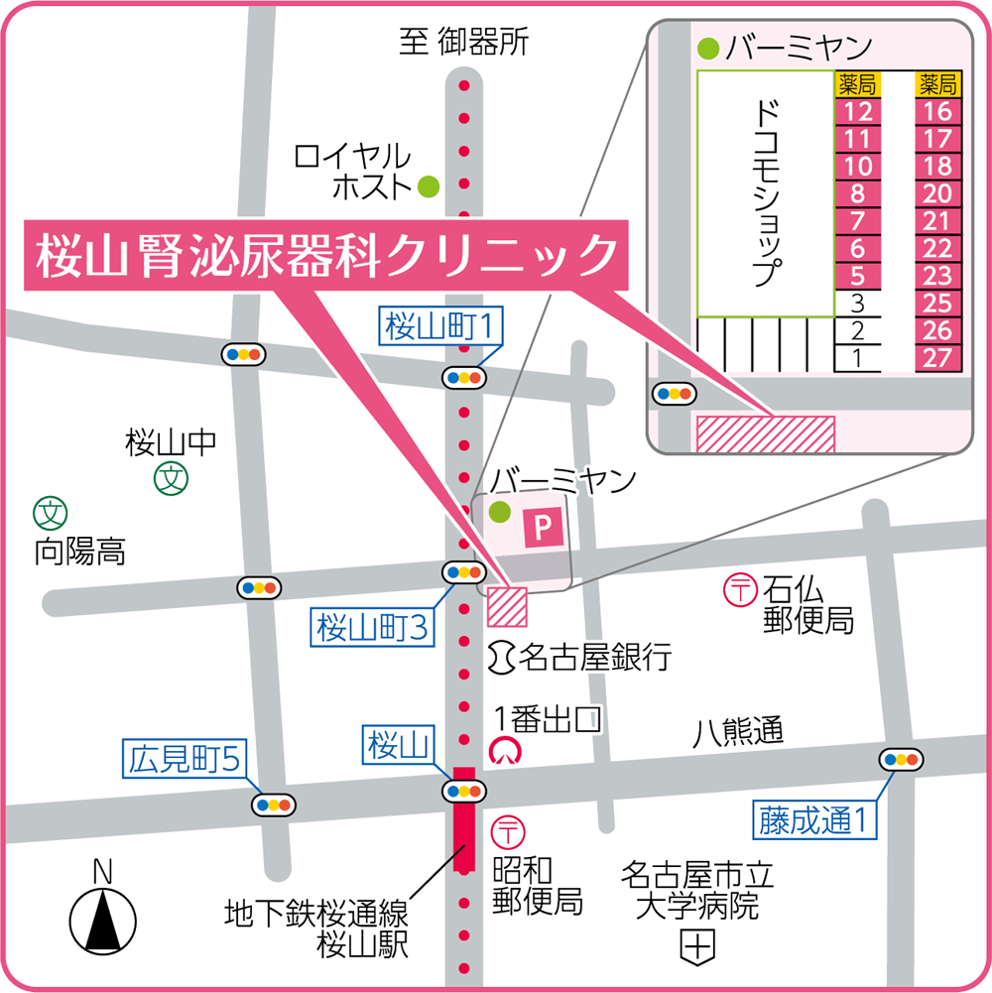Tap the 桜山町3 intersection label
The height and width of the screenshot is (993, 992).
point(373,627)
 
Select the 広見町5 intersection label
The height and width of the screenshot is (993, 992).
point(184,759)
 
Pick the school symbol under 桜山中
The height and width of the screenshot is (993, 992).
point(172,480)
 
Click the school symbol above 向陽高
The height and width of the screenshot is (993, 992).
point(50,513)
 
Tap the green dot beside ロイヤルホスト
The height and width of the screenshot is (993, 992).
point(429,185)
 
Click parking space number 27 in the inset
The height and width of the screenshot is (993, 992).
point(937,358)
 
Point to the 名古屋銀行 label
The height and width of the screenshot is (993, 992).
point(595,656)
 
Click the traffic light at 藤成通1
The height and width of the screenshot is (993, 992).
point(901,760)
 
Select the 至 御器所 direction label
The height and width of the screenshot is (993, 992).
point(463,42)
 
